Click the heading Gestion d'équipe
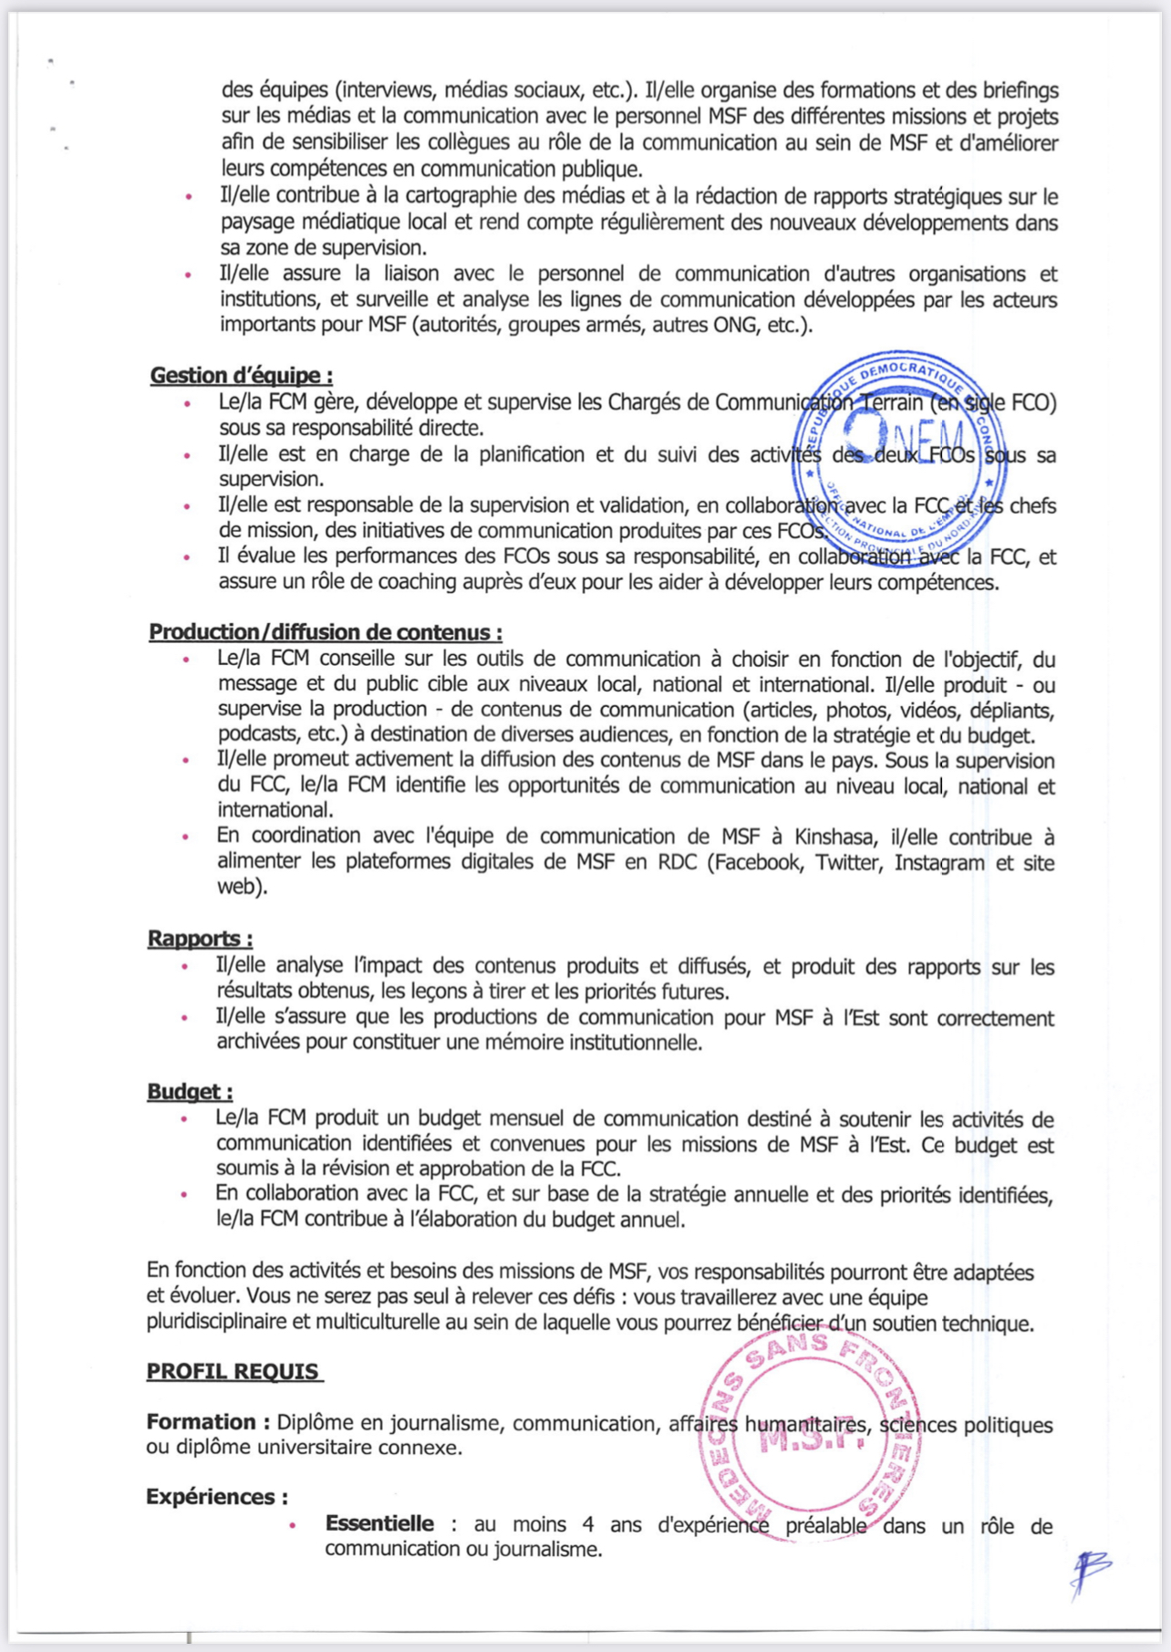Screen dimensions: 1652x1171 [x=241, y=375]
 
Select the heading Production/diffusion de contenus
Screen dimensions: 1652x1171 [x=325, y=632]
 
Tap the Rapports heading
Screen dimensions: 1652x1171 [x=200, y=939]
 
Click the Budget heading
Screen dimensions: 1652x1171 [x=190, y=1092]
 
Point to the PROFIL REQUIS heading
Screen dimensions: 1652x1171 [x=233, y=1371]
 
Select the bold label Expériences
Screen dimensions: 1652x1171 [x=217, y=1497]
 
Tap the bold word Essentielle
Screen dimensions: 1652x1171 [x=379, y=1523]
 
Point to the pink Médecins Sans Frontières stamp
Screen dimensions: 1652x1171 [x=811, y=1439]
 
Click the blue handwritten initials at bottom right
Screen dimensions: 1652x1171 [x=1090, y=1571]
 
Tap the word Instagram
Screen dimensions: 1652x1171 [x=938, y=862]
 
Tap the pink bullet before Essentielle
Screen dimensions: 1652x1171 [x=292, y=1525]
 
